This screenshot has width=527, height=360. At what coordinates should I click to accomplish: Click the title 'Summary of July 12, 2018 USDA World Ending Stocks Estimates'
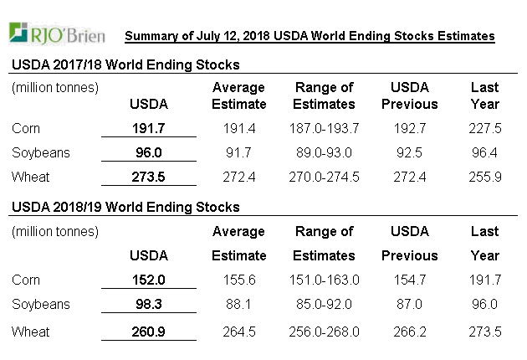click(x=310, y=36)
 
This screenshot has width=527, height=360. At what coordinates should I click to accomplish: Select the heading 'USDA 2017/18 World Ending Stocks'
click(x=125, y=64)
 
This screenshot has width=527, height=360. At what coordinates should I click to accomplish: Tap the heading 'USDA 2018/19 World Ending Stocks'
click(x=125, y=207)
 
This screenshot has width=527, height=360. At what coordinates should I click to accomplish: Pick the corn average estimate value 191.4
click(x=239, y=129)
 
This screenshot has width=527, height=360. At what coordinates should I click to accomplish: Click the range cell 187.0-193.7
click(x=325, y=129)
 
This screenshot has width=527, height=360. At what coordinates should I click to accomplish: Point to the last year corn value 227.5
click(x=487, y=129)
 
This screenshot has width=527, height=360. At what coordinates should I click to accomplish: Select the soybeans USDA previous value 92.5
click(x=410, y=153)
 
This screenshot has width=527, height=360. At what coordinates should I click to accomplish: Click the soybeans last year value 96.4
click(x=487, y=153)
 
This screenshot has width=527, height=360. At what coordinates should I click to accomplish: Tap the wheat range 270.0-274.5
click(x=325, y=177)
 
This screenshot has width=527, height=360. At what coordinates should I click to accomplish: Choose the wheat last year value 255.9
click(x=487, y=177)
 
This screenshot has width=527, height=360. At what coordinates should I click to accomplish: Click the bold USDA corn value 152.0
click(x=149, y=280)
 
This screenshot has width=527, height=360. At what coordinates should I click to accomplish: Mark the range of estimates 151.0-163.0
click(x=325, y=280)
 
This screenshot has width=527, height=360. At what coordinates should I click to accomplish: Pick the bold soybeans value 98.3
click(x=149, y=304)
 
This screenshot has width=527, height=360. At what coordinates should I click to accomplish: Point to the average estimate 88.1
click(x=239, y=304)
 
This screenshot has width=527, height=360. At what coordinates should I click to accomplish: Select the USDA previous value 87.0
click(x=410, y=304)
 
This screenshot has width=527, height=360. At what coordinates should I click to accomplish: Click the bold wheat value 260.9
click(x=149, y=332)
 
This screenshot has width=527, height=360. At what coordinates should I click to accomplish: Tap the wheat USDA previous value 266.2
click(x=410, y=332)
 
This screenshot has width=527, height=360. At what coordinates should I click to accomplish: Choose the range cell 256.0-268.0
click(x=325, y=332)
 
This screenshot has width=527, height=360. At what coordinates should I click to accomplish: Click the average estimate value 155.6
click(x=239, y=280)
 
